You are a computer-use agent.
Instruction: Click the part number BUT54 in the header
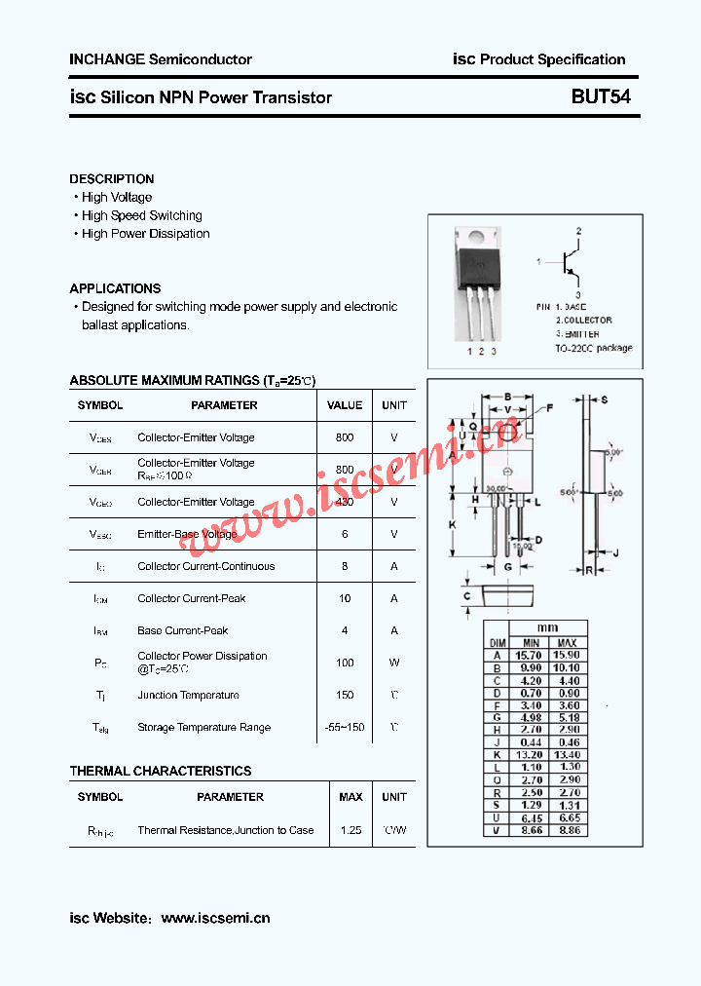tap(600, 97)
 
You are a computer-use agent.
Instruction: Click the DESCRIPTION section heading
tap(112, 179)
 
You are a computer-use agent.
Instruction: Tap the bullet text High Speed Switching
tap(142, 215)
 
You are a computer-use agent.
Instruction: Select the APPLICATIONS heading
tap(115, 288)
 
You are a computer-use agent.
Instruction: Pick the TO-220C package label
tap(593, 348)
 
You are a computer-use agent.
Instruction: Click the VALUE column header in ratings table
tap(345, 405)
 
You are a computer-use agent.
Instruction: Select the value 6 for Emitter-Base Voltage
tap(345, 534)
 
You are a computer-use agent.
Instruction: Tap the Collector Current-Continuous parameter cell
tap(206, 566)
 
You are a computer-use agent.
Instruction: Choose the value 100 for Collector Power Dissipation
tap(345, 663)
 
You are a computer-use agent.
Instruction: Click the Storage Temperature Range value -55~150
tap(345, 727)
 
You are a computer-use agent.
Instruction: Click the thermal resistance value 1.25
tap(350, 830)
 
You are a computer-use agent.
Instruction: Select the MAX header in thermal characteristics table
tap(350, 797)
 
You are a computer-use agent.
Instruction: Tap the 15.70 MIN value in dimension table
tap(531, 656)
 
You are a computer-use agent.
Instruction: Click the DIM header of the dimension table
tap(498, 643)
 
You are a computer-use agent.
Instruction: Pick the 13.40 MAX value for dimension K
tap(568, 755)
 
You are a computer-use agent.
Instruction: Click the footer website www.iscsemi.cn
tap(215, 918)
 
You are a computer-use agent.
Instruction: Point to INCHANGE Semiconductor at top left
tap(161, 59)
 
